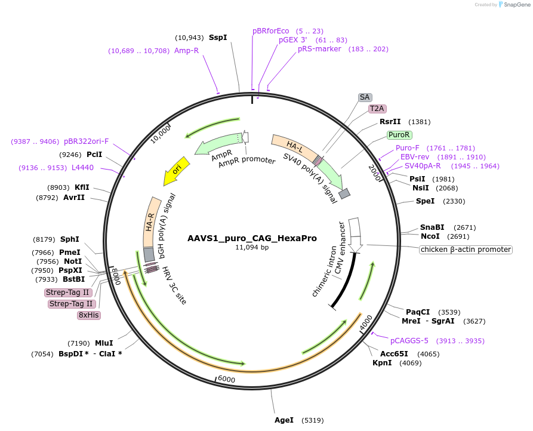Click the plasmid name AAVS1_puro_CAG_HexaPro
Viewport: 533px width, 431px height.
tap(252, 238)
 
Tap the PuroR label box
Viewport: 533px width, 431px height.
tap(399, 135)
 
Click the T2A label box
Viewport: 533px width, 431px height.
tap(377, 109)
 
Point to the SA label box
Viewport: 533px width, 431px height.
tap(365, 97)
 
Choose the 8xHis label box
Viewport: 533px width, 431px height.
tap(88, 315)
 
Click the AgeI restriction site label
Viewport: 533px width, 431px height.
tap(284, 420)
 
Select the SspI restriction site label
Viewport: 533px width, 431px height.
tap(218, 38)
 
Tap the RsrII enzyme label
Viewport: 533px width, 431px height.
tap(390, 122)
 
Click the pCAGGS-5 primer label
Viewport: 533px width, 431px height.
tap(409, 341)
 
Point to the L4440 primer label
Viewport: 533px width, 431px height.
tap(82, 168)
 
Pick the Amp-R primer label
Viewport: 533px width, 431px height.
tap(186, 51)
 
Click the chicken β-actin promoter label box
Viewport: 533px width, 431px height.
tap(466, 250)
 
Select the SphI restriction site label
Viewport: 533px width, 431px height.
tap(70, 239)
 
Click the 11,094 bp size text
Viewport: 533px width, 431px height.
tap(252, 247)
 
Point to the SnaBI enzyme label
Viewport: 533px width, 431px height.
tap(432, 227)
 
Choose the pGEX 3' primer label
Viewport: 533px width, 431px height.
tap(292, 40)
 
